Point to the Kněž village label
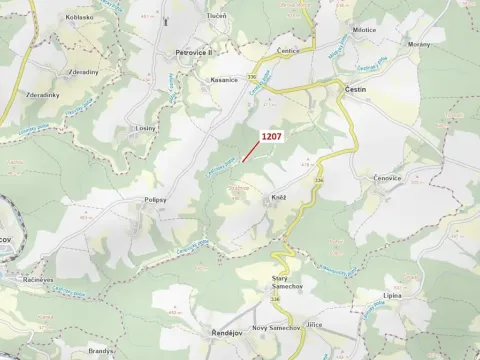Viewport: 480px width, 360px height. (x=279, y=198)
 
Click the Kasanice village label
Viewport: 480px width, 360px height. (x=223, y=80)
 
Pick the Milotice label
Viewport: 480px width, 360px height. (x=365, y=30)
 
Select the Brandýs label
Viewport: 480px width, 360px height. (x=101, y=352)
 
